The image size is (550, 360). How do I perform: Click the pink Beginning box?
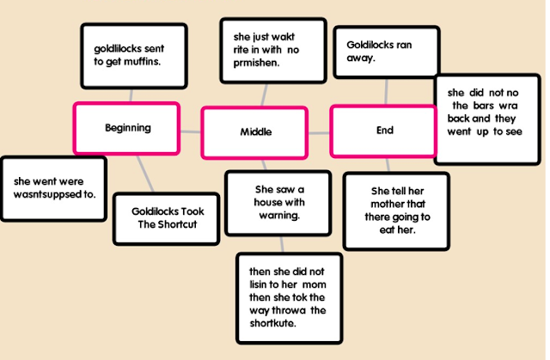[x=126, y=128]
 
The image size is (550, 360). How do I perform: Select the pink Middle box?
[x=254, y=132]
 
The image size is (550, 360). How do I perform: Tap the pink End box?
[x=384, y=131]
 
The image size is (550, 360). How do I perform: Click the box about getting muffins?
[x=133, y=55]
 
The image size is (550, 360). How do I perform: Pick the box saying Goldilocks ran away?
[x=386, y=52]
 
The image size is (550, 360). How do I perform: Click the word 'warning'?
[x=278, y=215]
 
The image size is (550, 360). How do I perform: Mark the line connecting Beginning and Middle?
[x=190, y=131]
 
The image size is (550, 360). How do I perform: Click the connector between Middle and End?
[x=319, y=132]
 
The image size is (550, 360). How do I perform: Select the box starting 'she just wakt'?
[x=272, y=51]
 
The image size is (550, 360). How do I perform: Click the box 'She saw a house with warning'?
[x=278, y=203]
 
